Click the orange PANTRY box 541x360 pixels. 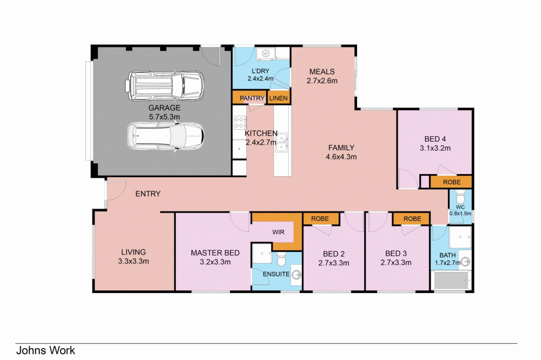point(249,98)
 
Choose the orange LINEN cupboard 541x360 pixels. point(279,98)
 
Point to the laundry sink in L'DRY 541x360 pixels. point(265,54)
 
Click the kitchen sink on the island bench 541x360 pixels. point(282,144)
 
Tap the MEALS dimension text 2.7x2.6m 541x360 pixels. point(322,81)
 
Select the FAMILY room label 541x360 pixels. point(341,148)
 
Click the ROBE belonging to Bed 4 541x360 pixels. point(451,183)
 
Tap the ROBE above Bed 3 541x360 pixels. point(412,218)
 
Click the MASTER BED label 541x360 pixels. point(210,253)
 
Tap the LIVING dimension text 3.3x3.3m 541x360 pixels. point(133,261)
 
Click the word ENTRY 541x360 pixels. point(147,194)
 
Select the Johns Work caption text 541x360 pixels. point(45,350)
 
